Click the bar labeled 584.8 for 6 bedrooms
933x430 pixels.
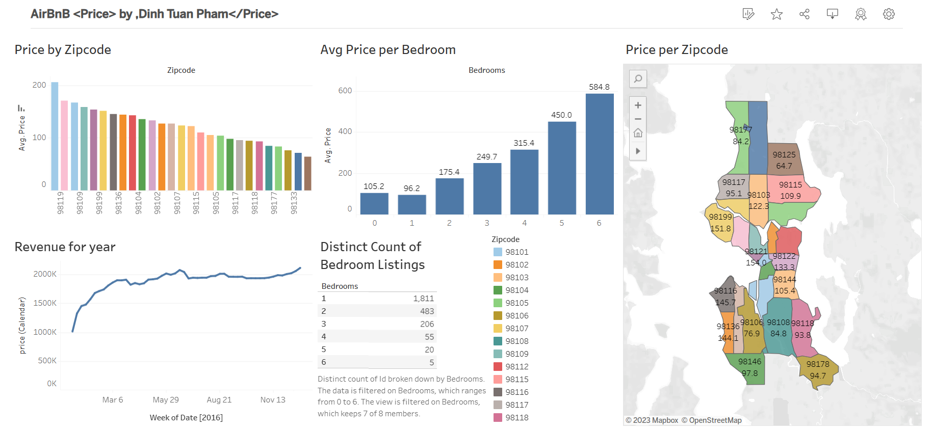point(599,154)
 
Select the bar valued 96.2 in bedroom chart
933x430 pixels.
point(411,204)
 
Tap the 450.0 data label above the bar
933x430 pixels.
point(561,115)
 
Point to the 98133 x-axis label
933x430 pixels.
point(294,203)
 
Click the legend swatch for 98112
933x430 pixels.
point(498,366)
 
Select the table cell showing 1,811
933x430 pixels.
point(423,299)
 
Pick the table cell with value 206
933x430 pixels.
point(427,324)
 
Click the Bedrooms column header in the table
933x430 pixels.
point(340,286)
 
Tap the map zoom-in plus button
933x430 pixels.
point(638,105)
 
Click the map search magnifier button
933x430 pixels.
point(638,79)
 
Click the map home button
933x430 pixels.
point(638,133)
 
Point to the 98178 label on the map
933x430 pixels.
point(817,364)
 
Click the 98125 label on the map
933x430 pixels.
point(784,155)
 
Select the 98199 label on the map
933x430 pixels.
point(720,217)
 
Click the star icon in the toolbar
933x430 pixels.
point(776,14)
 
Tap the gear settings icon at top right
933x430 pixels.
point(889,14)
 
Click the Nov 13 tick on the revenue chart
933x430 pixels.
point(273,400)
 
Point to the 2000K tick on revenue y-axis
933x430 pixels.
point(45,274)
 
